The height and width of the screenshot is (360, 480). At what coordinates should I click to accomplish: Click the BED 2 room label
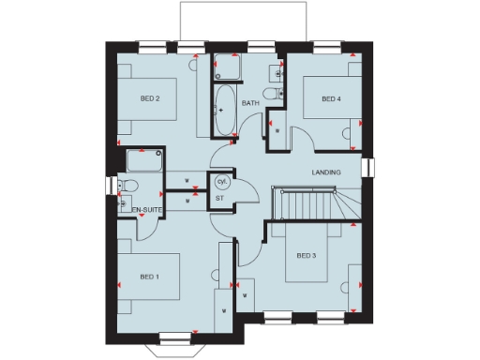tap(150, 98)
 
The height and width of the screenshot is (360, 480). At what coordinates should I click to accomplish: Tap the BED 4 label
tap(330, 98)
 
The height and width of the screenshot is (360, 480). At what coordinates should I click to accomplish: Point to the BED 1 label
tap(149, 277)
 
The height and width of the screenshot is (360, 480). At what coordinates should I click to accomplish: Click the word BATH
tap(250, 103)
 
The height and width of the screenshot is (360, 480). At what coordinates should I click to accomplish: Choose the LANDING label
tap(326, 172)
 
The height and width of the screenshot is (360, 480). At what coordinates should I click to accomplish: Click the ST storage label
tap(219, 198)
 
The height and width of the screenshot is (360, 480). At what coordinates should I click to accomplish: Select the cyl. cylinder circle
tap(222, 181)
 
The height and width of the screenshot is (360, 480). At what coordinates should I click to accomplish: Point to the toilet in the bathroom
tap(271, 94)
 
